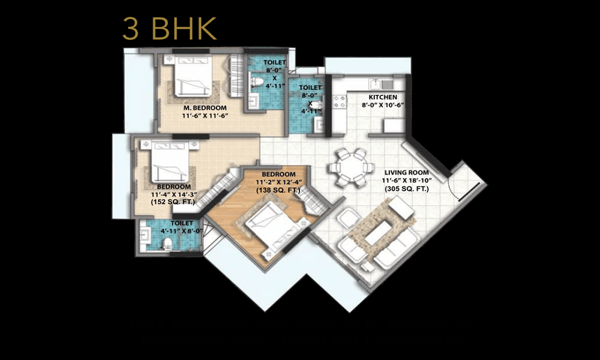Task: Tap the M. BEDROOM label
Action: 205,107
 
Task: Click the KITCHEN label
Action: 382,97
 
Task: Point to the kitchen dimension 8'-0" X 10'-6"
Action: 382,106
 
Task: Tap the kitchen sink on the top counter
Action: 376,83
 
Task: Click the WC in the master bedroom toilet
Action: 257,82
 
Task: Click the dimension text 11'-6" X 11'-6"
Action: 205,116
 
